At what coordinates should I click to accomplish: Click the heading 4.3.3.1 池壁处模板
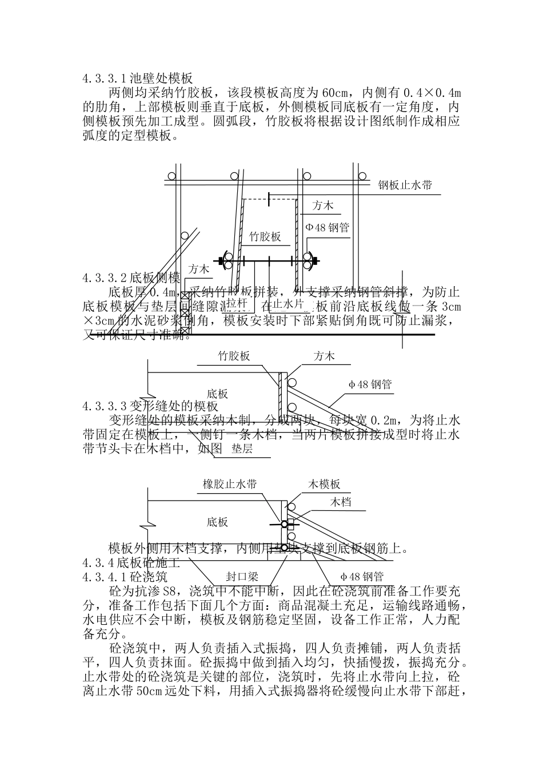coord(137,78)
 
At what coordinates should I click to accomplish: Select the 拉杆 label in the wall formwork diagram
coord(237,302)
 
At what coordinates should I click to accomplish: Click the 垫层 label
coord(242,449)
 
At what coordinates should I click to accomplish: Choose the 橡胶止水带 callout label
coord(230,484)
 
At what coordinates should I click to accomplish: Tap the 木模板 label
coord(324,484)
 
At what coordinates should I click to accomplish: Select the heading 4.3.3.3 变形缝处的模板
coord(150,406)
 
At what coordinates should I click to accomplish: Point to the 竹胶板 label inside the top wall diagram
coord(265,236)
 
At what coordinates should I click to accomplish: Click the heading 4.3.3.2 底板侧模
coord(131,278)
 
